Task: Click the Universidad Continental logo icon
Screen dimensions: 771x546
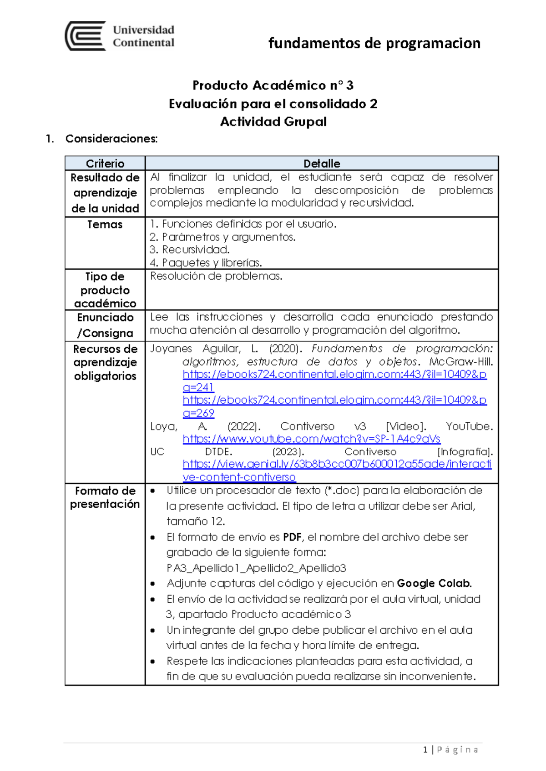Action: point(86,36)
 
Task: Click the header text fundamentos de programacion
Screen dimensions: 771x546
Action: point(374,43)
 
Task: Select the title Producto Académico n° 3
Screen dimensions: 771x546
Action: point(273,85)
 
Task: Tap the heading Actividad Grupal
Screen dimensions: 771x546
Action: point(273,122)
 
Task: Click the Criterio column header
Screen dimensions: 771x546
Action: point(105,163)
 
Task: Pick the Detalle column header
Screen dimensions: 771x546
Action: point(322,163)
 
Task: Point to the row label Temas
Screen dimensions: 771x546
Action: point(105,225)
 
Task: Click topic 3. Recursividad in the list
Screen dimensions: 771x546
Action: point(190,250)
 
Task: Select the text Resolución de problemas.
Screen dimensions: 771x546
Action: point(216,276)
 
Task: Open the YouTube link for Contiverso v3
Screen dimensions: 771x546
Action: point(311,439)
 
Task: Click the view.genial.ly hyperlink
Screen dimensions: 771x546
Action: point(337,464)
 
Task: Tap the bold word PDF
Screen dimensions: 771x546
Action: point(292,537)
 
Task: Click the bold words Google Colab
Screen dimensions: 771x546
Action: point(434,583)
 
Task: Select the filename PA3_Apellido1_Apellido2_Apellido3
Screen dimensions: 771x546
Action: point(256,568)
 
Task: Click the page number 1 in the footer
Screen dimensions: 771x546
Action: point(425,750)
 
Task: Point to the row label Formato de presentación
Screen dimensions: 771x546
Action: point(105,497)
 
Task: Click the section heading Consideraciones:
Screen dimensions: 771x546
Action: point(111,139)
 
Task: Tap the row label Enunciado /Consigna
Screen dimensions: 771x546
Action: point(105,325)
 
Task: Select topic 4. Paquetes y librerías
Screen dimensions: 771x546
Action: point(206,263)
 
